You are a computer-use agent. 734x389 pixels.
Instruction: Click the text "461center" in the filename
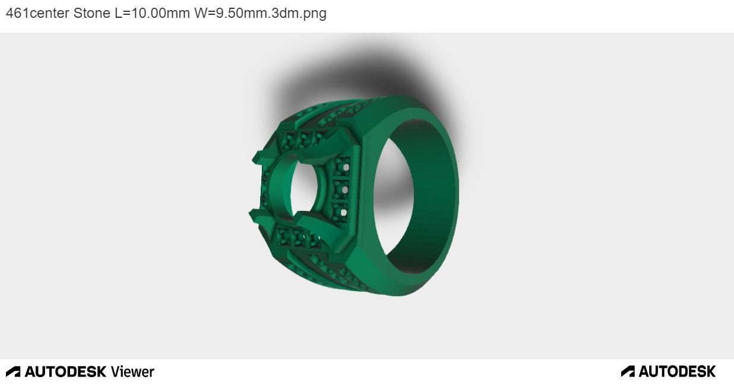coord(37,13)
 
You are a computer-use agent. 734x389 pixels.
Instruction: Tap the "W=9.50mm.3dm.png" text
coord(260,13)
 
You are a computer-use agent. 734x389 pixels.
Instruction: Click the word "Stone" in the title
coord(91,13)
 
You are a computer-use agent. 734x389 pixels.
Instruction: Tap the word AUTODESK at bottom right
coord(676,372)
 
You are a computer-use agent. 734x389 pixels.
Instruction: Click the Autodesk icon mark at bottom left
coord(13,372)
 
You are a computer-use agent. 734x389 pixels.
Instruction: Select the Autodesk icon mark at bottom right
coord(628,372)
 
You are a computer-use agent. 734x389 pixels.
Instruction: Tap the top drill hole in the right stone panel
coord(344,168)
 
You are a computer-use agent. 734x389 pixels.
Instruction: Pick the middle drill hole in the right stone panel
coord(344,190)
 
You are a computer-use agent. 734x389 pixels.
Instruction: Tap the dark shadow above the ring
coord(356,71)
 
